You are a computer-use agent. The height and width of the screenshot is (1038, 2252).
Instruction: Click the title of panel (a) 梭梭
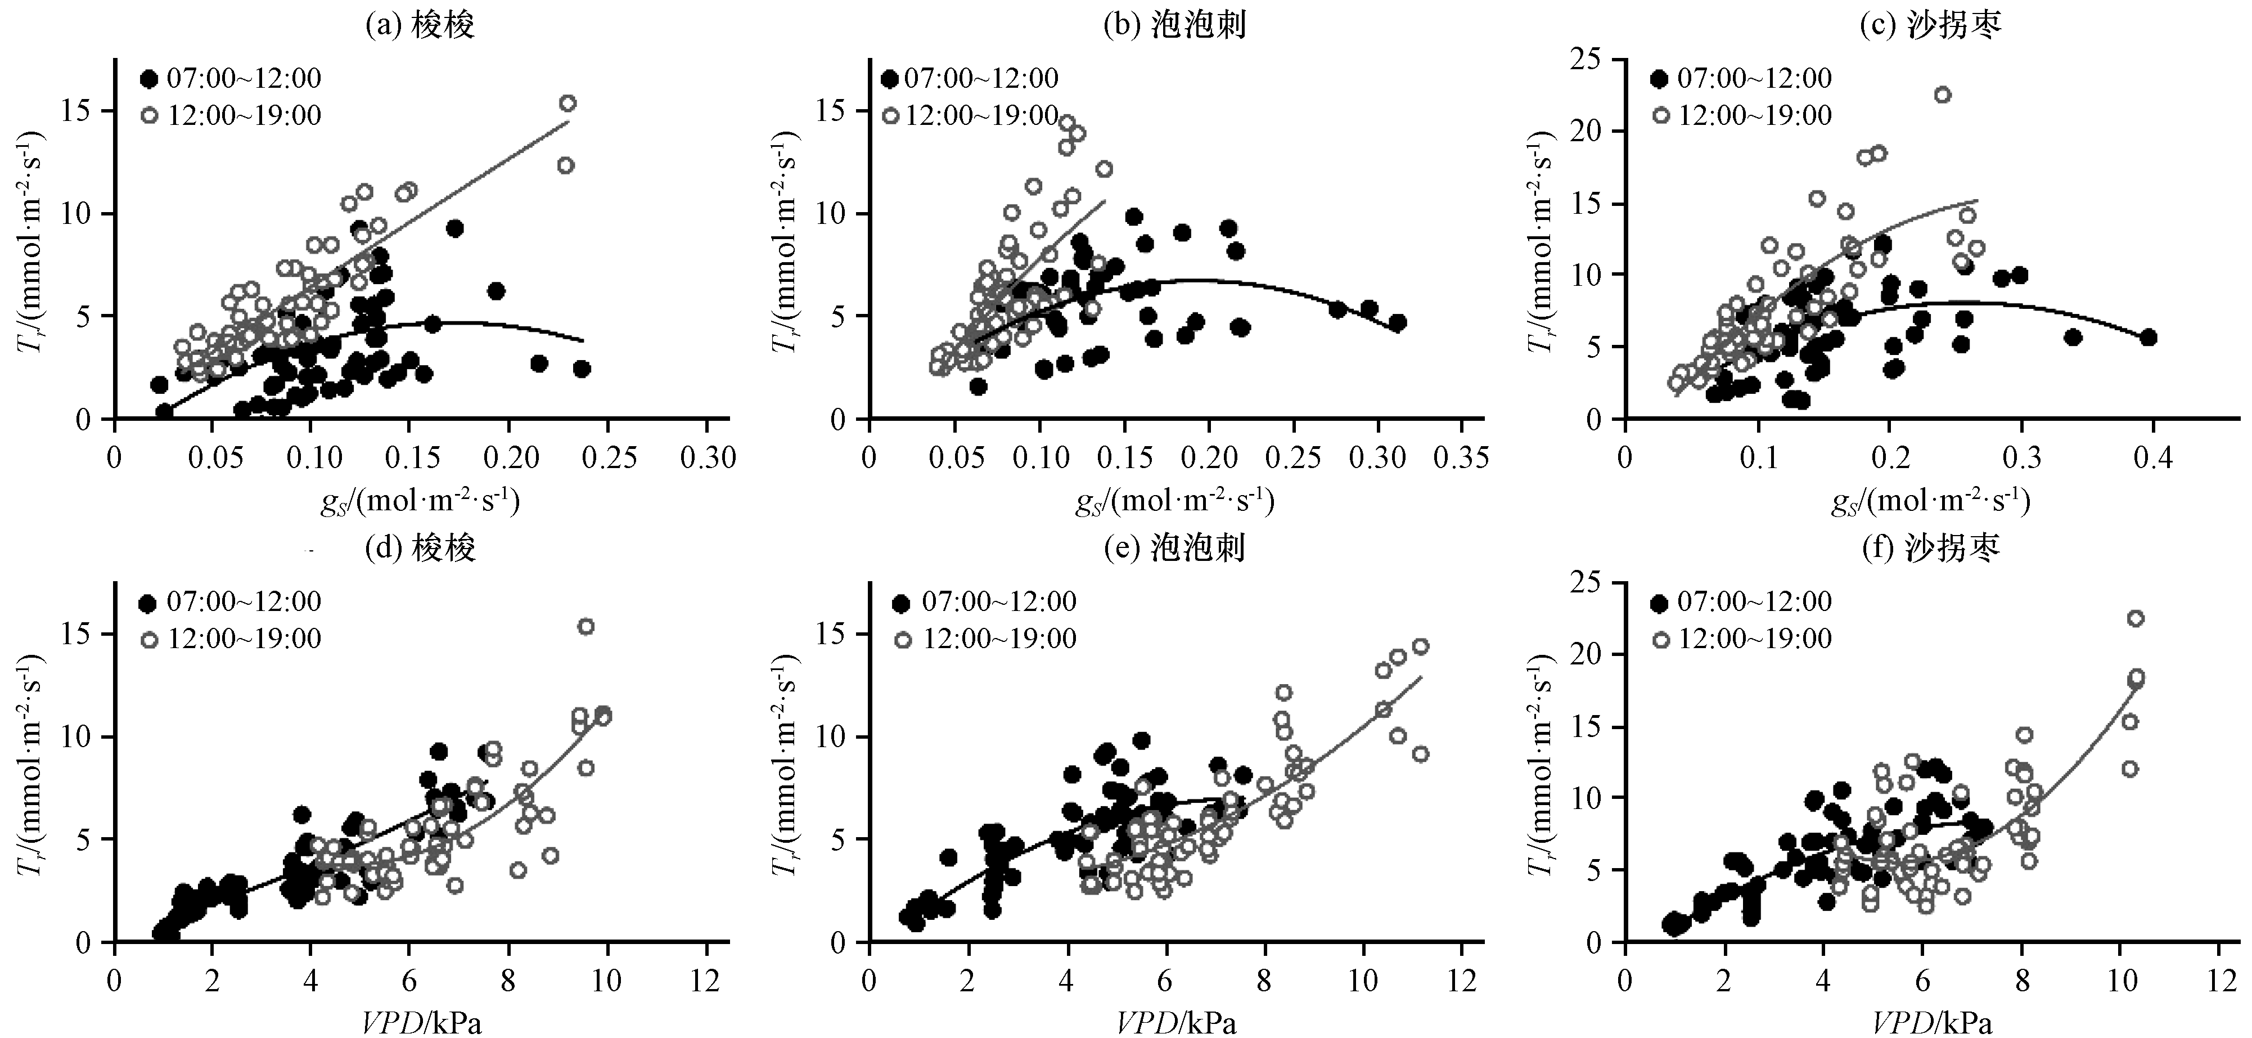tap(420, 25)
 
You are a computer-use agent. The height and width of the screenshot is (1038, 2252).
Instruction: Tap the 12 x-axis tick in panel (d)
tap(705, 980)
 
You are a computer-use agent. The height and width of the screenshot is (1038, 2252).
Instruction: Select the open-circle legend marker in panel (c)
tap(1660, 115)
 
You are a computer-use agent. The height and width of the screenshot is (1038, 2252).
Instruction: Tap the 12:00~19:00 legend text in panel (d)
tap(245, 639)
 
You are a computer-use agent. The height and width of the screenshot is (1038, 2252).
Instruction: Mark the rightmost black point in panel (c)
tap(2148, 338)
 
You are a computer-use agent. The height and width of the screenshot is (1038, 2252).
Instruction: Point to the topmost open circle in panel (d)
tap(585, 626)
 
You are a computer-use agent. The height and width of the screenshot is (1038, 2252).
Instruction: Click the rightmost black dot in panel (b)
tap(1397, 323)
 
